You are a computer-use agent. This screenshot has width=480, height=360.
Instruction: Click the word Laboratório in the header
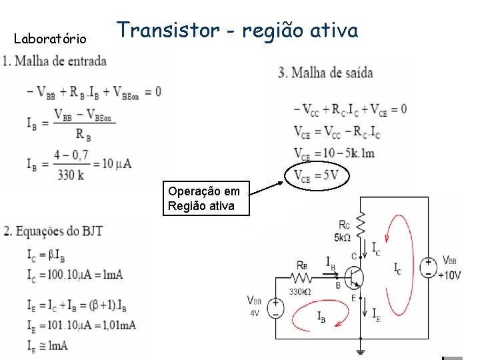point(50,39)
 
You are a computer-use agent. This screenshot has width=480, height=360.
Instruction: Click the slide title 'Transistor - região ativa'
point(238,31)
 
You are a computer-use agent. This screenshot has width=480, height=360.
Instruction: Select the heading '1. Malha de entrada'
point(55,61)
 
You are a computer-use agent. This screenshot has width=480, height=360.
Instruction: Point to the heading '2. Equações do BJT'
point(53,232)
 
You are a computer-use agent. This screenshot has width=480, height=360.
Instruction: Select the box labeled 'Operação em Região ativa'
point(208,199)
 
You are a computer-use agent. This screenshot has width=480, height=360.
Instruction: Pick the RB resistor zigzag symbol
point(304,277)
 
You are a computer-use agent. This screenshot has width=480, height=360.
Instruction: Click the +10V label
point(449,275)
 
